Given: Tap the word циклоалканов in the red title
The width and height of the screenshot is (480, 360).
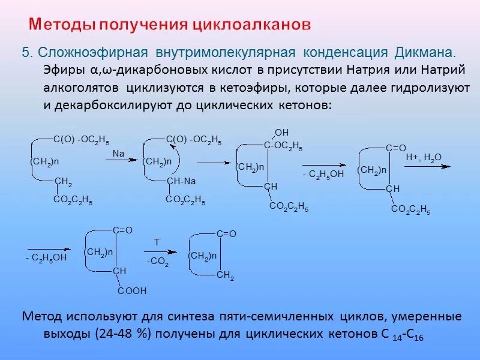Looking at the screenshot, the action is click(253, 25).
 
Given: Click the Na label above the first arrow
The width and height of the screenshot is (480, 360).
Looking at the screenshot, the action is click(118, 154).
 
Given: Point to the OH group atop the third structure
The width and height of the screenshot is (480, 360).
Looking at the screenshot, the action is click(281, 132).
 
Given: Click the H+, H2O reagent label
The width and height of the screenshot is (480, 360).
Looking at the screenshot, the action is click(423, 157).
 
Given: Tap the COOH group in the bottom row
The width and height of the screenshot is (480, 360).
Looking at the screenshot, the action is click(131, 291).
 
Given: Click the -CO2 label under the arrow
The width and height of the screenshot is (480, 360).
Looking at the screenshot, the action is click(158, 263).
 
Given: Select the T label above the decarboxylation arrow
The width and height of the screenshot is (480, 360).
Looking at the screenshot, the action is click(157, 242).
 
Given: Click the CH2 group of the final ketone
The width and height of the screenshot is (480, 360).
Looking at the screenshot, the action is click(225, 275).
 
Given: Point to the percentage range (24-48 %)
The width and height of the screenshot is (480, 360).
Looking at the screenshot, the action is click(121, 334).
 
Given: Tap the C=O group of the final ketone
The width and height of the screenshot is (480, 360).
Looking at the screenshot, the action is click(226, 233).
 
